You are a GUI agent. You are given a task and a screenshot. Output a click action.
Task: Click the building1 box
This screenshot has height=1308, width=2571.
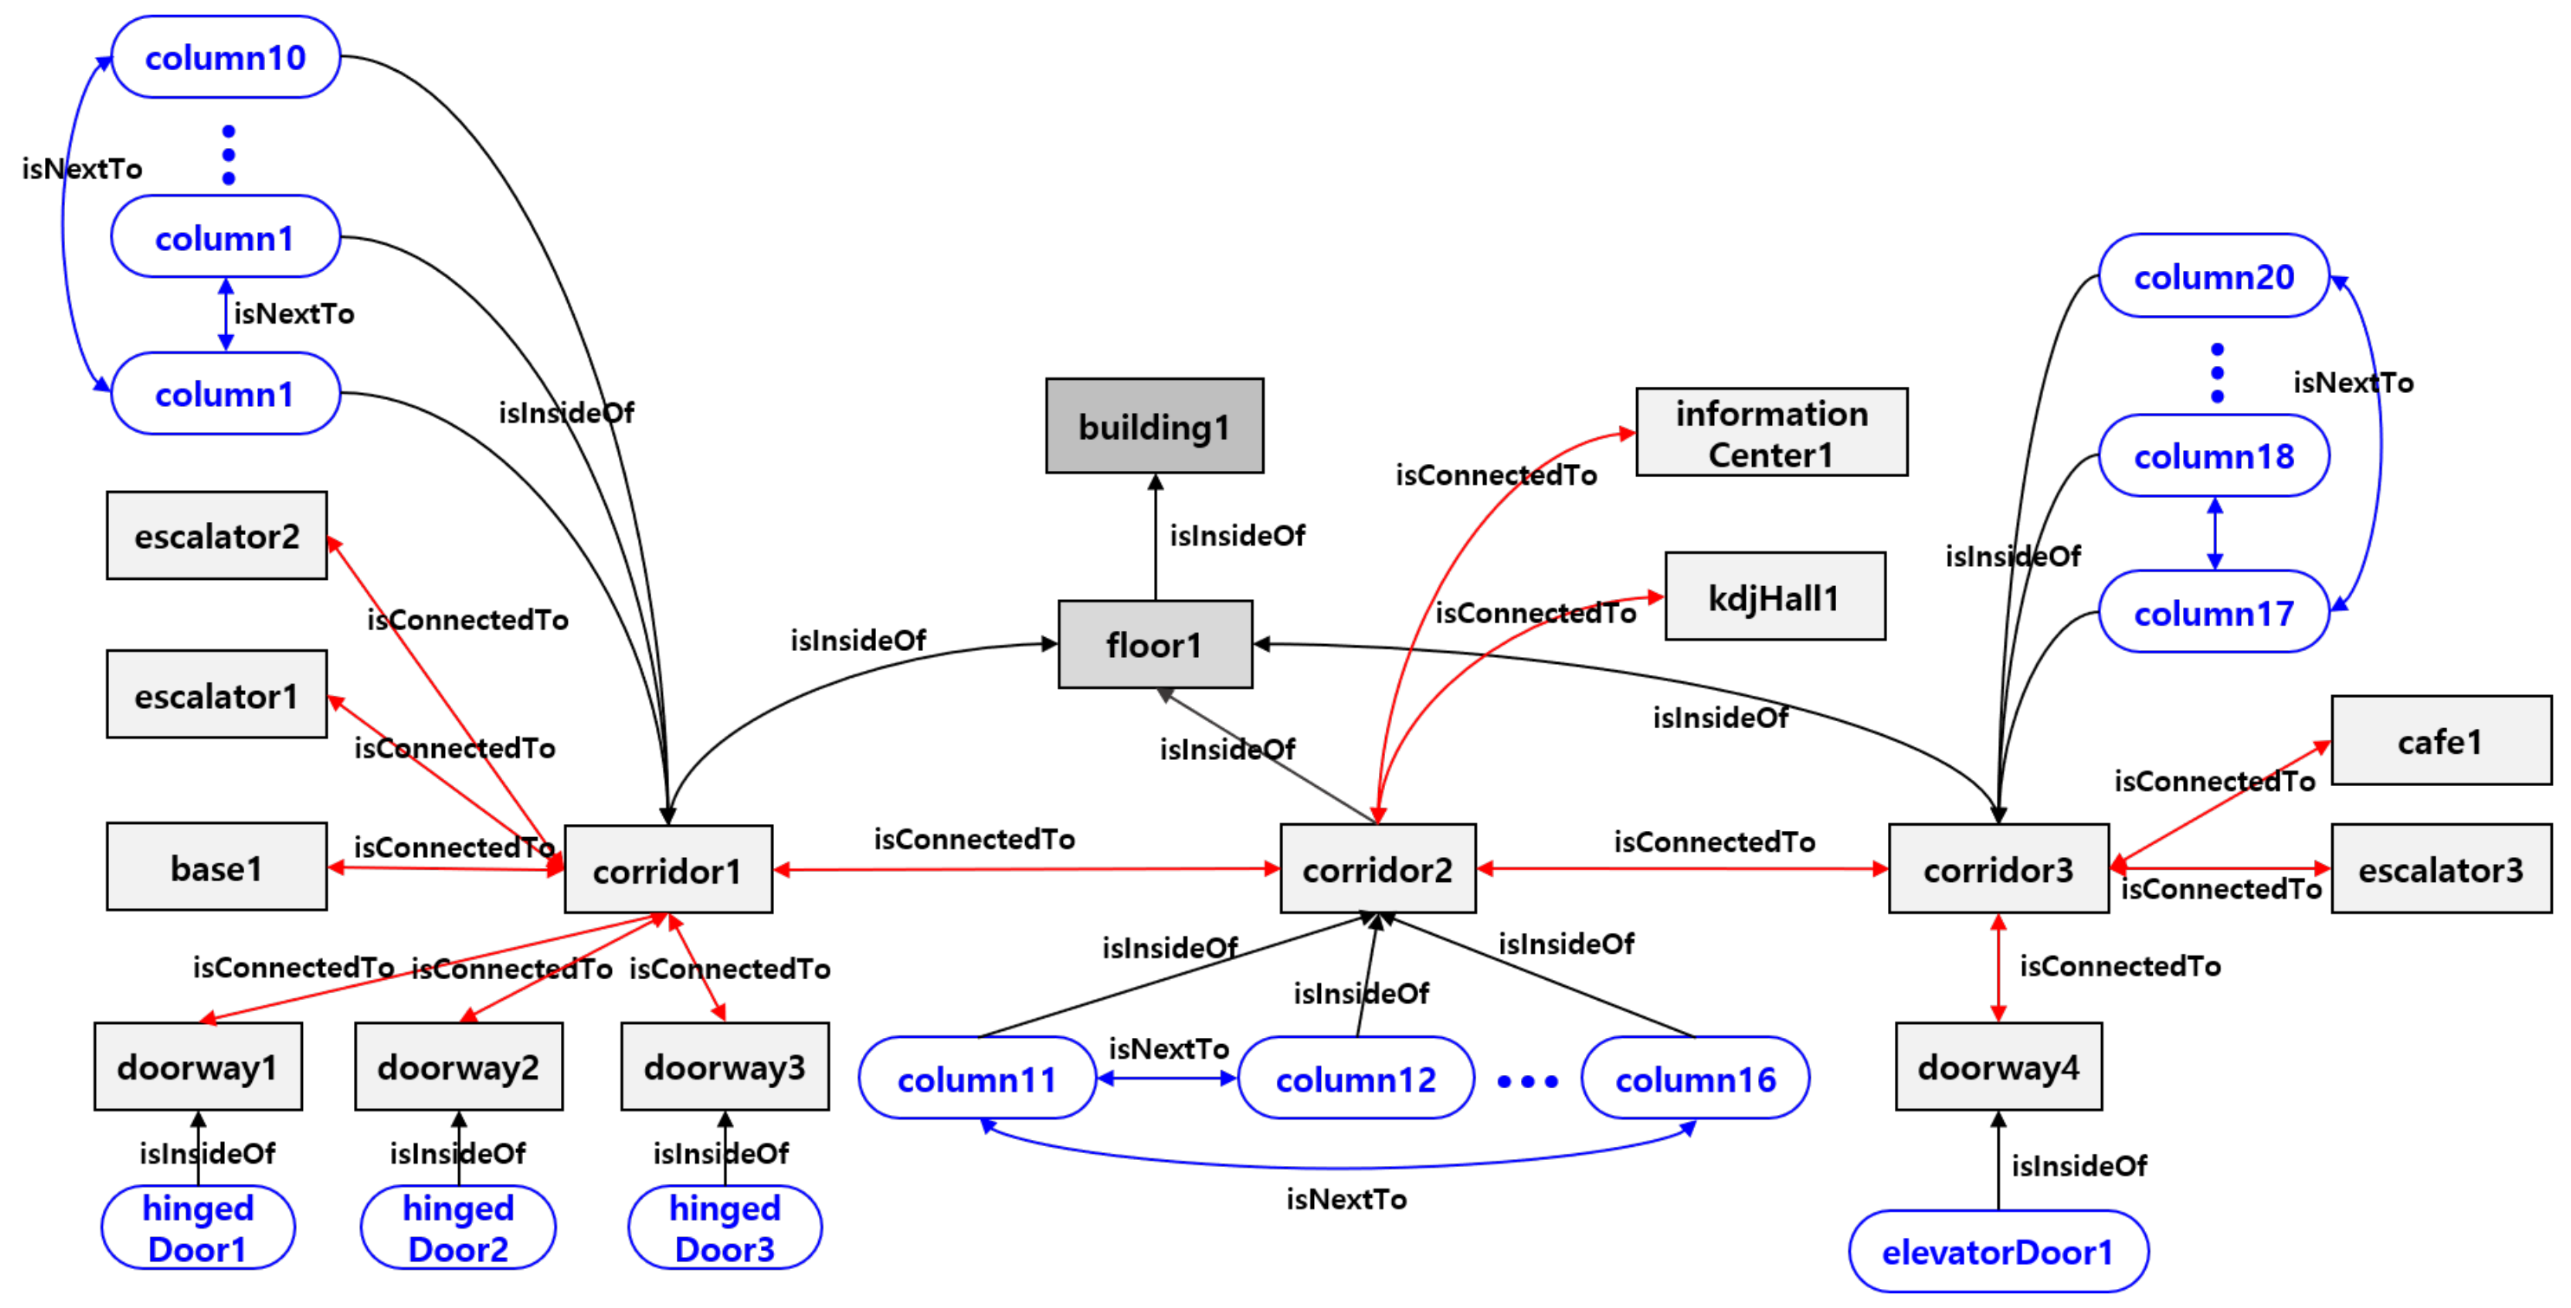pos(1154,426)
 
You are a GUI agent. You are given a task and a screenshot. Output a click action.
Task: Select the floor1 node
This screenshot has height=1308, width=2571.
pos(1155,645)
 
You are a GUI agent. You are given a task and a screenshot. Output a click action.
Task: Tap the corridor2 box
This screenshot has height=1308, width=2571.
pos(1377,869)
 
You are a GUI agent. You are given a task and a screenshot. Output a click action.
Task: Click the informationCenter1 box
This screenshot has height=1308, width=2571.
pos(1770,433)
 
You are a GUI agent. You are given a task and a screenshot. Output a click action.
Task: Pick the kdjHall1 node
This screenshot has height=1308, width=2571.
pos(1774,596)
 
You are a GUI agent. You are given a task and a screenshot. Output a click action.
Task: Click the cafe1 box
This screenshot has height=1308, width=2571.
pos(2440,741)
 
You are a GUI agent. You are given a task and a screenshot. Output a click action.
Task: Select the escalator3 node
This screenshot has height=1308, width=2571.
pos(2440,869)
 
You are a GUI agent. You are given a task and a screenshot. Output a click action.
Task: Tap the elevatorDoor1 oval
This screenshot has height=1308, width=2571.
pos(1997,1251)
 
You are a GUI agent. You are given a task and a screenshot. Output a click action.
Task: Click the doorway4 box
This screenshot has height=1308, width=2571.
pos(1998,1066)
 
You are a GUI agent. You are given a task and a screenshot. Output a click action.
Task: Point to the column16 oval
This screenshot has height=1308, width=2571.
pos(1695,1079)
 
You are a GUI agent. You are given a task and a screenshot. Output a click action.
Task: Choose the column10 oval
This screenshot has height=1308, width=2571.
pos(226,58)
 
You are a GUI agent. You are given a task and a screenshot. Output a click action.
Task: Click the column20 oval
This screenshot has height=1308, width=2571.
pos(2213,276)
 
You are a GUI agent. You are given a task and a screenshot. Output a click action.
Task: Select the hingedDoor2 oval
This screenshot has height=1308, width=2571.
pos(458,1227)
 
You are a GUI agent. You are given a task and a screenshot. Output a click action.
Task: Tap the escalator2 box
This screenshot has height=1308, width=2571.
pos(216,536)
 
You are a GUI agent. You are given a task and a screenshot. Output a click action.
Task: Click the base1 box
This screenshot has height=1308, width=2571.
pos(216,867)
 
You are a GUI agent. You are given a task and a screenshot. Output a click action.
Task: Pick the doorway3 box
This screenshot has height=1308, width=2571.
pos(725,1066)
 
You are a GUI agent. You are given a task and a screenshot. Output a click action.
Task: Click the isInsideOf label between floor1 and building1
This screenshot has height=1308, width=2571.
pos(1237,536)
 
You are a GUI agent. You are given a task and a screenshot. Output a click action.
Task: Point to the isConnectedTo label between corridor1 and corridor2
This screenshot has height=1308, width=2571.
pos(974,839)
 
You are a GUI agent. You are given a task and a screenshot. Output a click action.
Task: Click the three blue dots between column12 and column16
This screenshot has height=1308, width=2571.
pos(1527,1080)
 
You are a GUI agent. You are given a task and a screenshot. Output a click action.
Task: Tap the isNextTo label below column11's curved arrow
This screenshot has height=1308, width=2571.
pos(1345,1198)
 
